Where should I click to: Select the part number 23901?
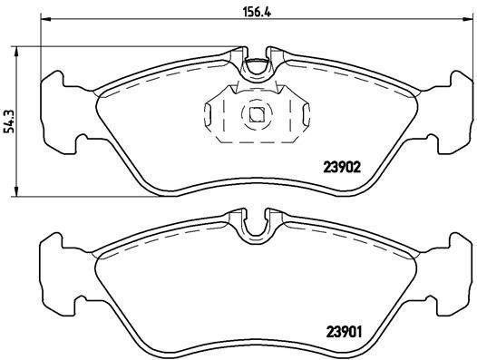click(x=344, y=331)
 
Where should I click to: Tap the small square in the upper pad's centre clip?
click(x=257, y=114)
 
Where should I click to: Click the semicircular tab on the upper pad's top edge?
click(x=257, y=65)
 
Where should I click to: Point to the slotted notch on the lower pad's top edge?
click(x=257, y=220)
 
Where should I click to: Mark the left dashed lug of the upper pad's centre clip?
click(x=214, y=116)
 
